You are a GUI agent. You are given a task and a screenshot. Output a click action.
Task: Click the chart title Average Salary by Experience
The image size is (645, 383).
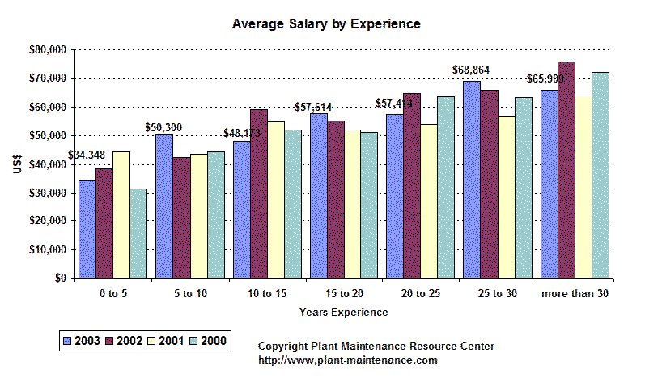(x=326, y=24)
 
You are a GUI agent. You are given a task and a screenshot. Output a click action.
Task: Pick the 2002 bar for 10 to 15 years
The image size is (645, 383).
(x=258, y=194)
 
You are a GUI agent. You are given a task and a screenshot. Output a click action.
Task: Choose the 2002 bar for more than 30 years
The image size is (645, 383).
(x=566, y=170)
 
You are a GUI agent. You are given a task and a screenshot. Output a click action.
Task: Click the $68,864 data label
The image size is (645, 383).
(x=470, y=70)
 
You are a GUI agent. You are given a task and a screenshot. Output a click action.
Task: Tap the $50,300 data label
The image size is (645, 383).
(x=163, y=127)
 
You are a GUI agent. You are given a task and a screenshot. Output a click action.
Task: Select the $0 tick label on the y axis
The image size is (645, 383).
(x=60, y=279)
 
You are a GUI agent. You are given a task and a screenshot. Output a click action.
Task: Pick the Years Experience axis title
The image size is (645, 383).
(x=343, y=312)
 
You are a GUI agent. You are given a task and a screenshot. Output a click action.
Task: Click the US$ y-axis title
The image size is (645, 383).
(x=16, y=164)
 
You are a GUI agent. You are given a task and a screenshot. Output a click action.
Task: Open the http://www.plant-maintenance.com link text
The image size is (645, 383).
(x=348, y=360)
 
